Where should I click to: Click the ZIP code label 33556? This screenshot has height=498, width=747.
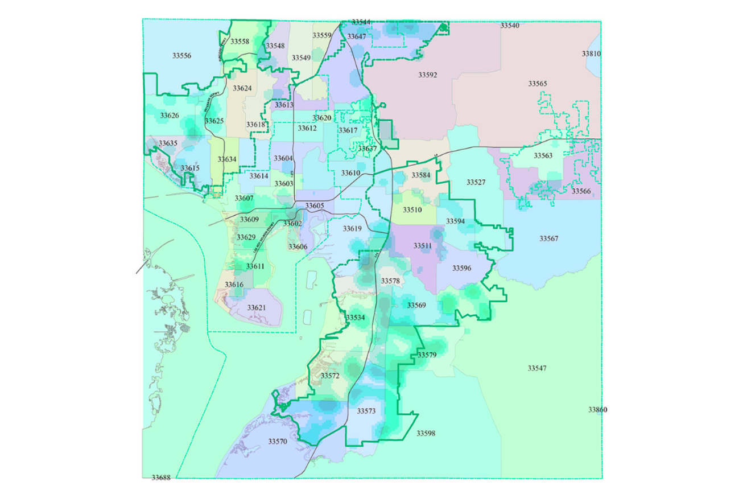tap(181, 56)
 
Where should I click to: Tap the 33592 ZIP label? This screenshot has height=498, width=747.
tap(428, 75)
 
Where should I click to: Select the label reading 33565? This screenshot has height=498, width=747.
tap(537, 84)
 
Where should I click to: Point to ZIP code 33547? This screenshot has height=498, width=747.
tap(536, 368)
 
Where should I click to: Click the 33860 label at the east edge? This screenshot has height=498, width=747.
tap(597, 410)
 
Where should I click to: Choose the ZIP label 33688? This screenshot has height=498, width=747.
tap(161, 478)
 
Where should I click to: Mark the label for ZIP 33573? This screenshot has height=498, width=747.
tap(366, 410)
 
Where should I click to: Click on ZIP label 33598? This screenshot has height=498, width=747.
tap(426, 433)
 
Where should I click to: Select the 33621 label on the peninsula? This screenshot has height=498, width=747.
tap(256, 307)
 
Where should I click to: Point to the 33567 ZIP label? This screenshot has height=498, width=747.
tap(549, 238)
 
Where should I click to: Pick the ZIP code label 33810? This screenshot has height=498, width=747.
tap(591, 53)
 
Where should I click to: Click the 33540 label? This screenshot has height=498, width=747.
tap(510, 26)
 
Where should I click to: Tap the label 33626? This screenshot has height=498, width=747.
tap(169, 116)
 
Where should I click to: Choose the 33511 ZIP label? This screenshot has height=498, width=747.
tap(423, 245)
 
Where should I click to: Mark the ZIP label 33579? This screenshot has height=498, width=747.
tap(427, 355)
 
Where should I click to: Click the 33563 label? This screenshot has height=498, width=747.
tap(543, 155)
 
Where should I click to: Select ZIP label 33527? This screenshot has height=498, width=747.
tap(476, 182)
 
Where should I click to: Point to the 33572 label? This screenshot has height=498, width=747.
tap(329, 376)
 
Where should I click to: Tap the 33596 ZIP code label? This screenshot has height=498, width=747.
tap(461, 267)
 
